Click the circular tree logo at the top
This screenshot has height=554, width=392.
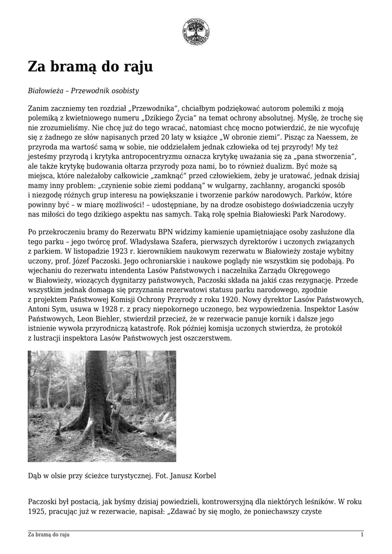[x=196, y=31]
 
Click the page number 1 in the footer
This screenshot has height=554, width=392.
[x=362, y=535]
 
